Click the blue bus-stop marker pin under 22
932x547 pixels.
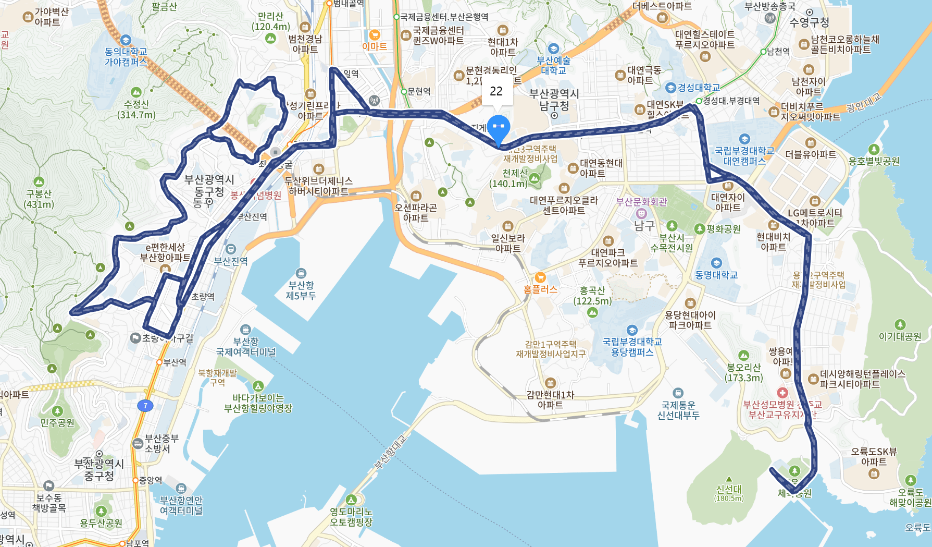(x=498, y=128)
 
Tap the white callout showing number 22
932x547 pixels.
(x=496, y=92)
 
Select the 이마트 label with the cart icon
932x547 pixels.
(x=375, y=46)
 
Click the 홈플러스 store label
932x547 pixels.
(x=540, y=289)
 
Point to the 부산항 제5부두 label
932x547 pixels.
(x=301, y=290)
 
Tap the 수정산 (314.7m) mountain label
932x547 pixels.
(x=136, y=109)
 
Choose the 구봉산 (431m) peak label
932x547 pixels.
(x=39, y=199)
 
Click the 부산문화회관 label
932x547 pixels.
(x=641, y=202)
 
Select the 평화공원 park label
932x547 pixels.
(x=723, y=229)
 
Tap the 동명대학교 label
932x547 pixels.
(x=716, y=274)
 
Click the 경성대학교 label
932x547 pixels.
(x=698, y=88)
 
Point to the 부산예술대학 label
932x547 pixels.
(x=553, y=65)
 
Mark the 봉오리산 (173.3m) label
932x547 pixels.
(x=744, y=372)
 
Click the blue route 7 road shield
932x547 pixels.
(x=145, y=405)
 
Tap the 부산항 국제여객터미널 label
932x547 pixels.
(x=246, y=346)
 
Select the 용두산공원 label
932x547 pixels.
(x=101, y=522)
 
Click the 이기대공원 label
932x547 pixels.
(x=900, y=336)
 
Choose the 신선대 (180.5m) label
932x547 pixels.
(x=729, y=493)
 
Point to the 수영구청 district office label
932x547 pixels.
(x=809, y=22)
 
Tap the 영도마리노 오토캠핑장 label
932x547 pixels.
(x=351, y=516)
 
